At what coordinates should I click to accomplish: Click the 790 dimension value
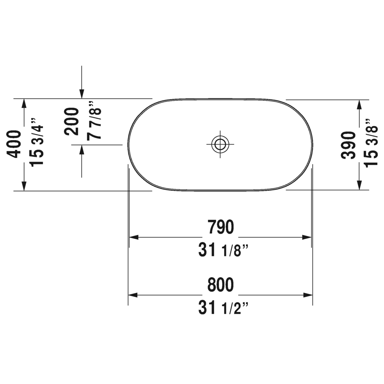click(x=220, y=227)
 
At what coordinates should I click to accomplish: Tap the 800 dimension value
click(x=220, y=284)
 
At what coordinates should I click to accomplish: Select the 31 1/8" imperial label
click(x=223, y=250)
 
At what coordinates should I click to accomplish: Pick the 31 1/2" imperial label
click(x=223, y=308)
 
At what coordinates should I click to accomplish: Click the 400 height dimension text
click(x=14, y=144)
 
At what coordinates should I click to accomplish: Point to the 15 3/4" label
click(x=37, y=143)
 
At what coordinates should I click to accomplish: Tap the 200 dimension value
click(x=71, y=121)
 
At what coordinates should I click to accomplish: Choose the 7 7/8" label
click(x=94, y=121)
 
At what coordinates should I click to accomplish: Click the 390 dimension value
click(x=348, y=145)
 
